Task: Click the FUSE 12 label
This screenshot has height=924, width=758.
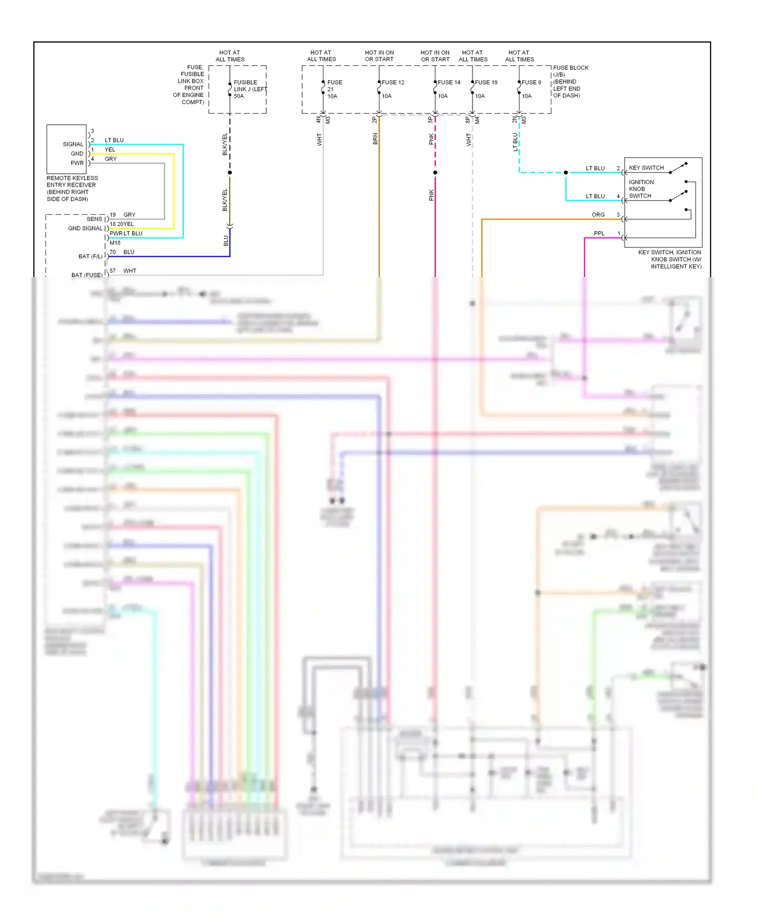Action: pos(393,82)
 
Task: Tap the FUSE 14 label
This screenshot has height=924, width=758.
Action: pos(449,82)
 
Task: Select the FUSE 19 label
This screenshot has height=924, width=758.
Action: pos(486,82)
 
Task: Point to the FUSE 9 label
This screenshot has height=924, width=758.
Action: pos(531,82)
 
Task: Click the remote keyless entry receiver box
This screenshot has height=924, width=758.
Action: pos(67,149)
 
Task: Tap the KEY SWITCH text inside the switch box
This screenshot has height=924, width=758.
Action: pos(646,168)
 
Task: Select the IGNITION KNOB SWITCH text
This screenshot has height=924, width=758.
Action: pos(641,189)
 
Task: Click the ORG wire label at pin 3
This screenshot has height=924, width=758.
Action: pos(598,215)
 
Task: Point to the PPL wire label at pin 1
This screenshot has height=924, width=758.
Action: pos(599,234)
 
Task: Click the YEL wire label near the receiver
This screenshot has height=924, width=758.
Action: pos(110,150)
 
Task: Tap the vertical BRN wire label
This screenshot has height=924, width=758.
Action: pos(375,139)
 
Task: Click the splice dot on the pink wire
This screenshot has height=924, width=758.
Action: pos(435,173)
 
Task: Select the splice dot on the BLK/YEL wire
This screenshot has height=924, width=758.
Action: pos(230,173)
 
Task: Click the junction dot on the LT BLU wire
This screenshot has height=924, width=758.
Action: pos(565,173)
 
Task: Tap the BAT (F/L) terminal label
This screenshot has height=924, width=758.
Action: pos(90,257)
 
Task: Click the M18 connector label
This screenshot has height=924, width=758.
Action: pos(115,243)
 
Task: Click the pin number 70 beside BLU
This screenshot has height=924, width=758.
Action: pos(113,252)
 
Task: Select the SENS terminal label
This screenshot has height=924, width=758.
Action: pos(94,219)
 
